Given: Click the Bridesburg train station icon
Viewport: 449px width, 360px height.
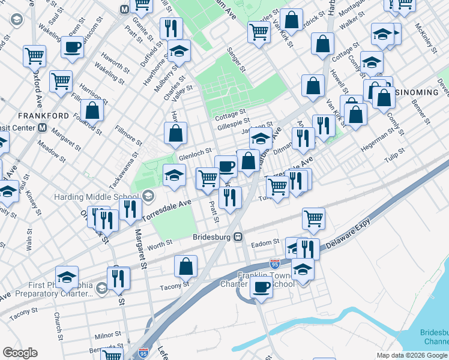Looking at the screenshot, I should point(238,237).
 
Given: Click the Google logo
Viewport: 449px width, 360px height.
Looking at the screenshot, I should point(20,353).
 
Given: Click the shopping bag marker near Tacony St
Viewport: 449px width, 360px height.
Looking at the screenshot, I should point(186,266).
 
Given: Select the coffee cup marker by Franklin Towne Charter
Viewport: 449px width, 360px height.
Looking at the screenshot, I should point(261,288).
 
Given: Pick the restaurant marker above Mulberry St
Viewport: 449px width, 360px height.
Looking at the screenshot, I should point(171,28).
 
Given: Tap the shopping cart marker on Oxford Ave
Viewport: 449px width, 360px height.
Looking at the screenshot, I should point(34,56).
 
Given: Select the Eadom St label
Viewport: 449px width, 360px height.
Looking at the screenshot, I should point(266,242).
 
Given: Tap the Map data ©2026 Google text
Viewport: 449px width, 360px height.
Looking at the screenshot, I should point(411,355).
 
